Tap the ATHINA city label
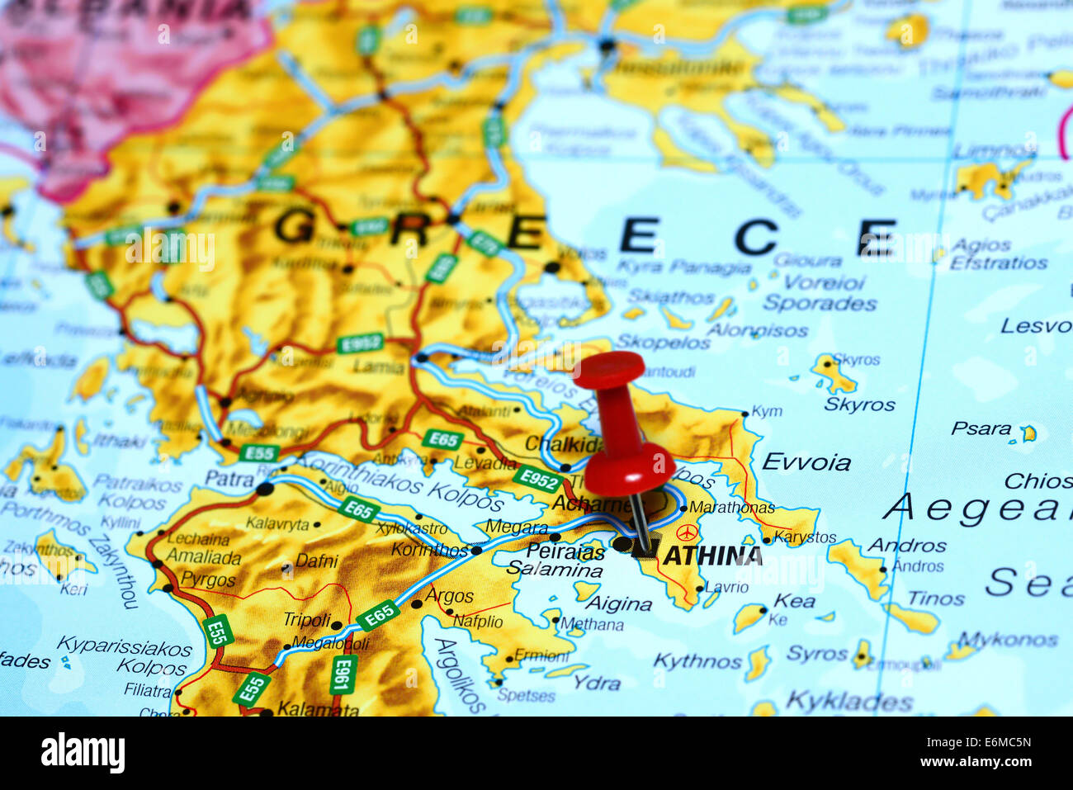tap(712, 556)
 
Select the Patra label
tap(229, 479)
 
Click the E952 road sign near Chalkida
tap(537, 478)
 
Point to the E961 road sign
tap(342, 674)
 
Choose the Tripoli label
tap(306, 619)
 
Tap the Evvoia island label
tap(806, 461)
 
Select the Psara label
tap(981, 428)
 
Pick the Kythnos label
tap(697, 660)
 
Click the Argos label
tap(450, 596)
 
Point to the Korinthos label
tap(429, 550)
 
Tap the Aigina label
tap(618, 603)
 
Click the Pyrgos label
tap(208, 579)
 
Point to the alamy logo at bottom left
tap(83, 753)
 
